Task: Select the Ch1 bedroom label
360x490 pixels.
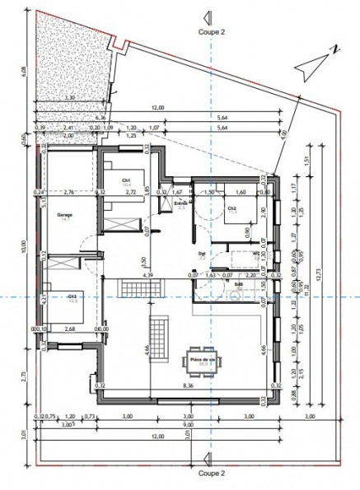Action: click(126, 182)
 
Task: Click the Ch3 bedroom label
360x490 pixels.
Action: click(72, 296)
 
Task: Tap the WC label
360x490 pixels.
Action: click(256, 254)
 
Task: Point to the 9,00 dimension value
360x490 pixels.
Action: click(189, 427)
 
